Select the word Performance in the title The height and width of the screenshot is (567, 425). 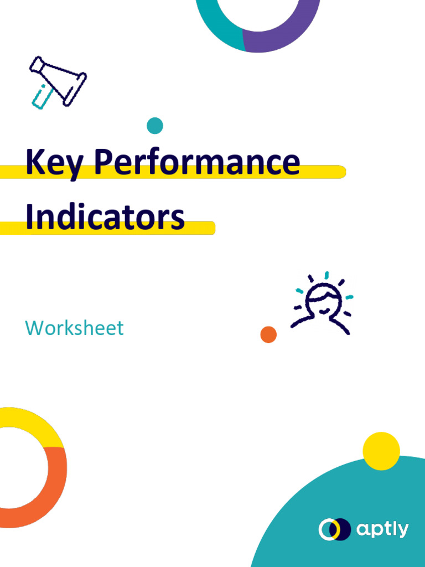pos(196,162)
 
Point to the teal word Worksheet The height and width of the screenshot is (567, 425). pos(74,328)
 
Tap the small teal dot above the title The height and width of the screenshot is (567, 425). pos(155,126)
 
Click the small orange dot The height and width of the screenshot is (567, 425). pos(268,334)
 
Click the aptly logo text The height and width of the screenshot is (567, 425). pos(382,530)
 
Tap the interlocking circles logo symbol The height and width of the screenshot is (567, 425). pos(335,530)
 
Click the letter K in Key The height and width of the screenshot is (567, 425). pos(35,162)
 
